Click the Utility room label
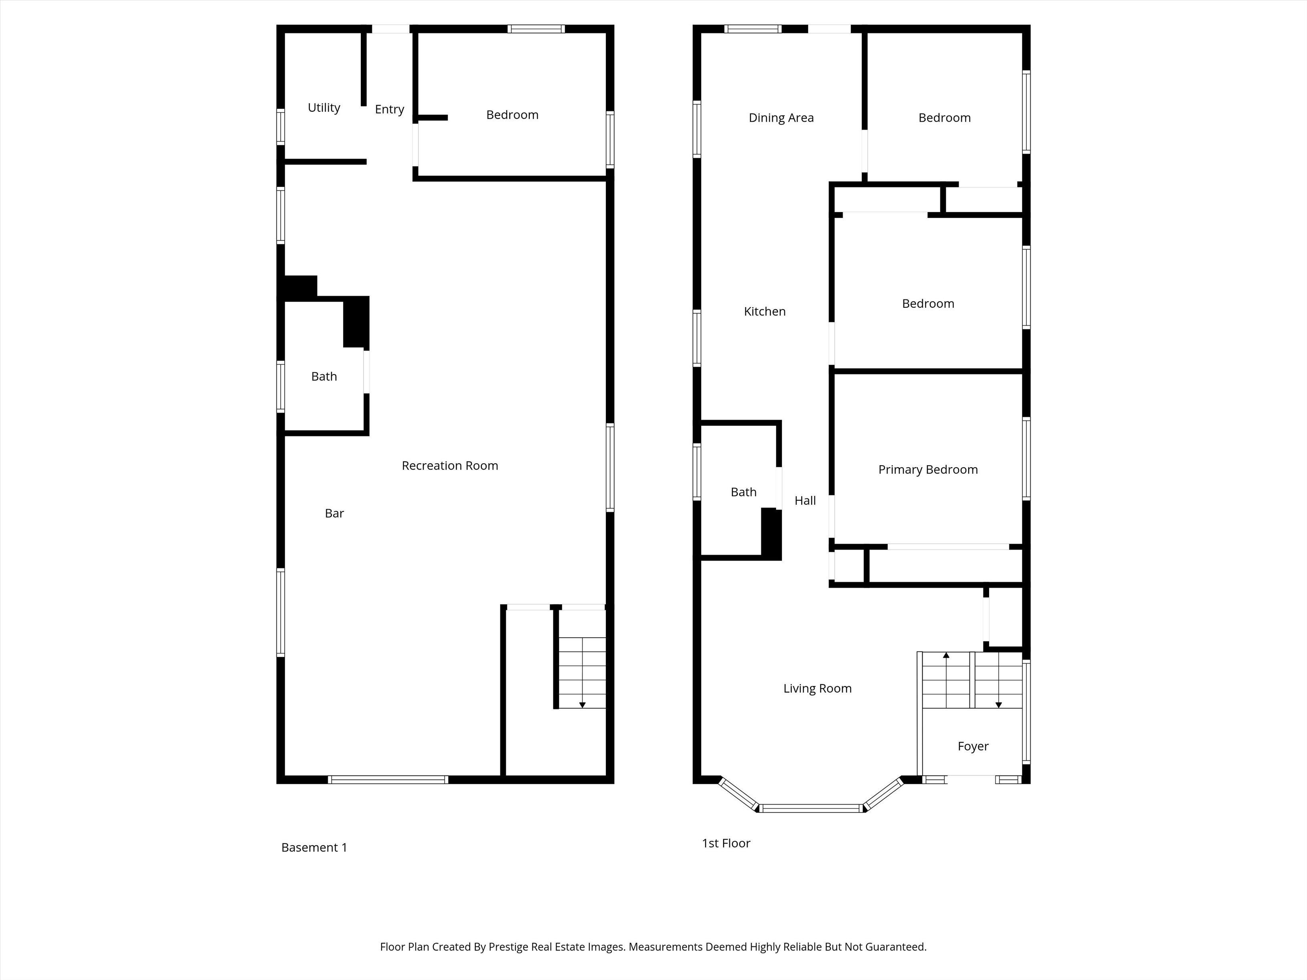pyautogui.click(x=324, y=108)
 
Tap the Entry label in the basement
pyautogui.click(x=389, y=110)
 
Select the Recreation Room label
pyautogui.click(x=450, y=466)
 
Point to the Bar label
pyautogui.click(x=334, y=513)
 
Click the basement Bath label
pyautogui.click(x=324, y=376)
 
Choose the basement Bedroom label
pyautogui.click(x=512, y=114)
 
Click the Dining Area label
pyautogui.click(x=781, y=118)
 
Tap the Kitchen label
pyautogui.click(x=764, y=311)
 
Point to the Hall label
pyautogui.click(x=805, y=500)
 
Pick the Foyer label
pyautogui.click(x=973, y=747)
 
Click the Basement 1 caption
pyautogui.click(x=314, y=847)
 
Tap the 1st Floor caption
pyautogui.click(x=726, y=843)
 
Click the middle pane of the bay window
pyautogui.click(x=811, y=809)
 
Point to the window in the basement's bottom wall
pyautogui.click(x=388, y=780)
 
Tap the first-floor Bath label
pyautogui.click(x=743, y=492)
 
